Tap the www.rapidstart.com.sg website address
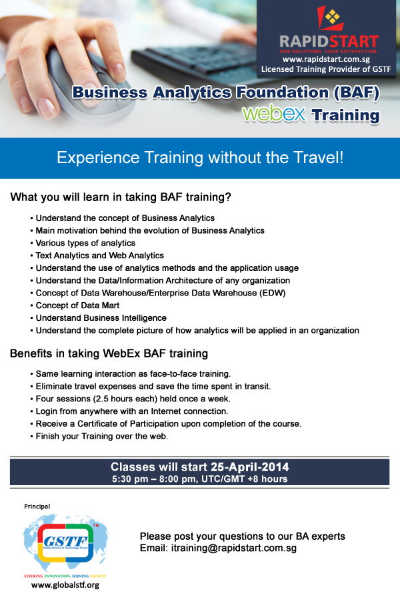[326, 59]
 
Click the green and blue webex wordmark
[274, 114]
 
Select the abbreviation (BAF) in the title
[357, 93]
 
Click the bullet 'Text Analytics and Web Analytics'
[97, 255]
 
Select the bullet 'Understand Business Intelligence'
[99, 318]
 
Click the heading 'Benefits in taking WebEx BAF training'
[109, 353]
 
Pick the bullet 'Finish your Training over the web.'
[99, 436]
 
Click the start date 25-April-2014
[249, 467]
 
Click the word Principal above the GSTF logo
[37, 506]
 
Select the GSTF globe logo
[65, 542]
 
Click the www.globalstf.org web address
[65, 584]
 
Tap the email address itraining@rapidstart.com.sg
[233, 548]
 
